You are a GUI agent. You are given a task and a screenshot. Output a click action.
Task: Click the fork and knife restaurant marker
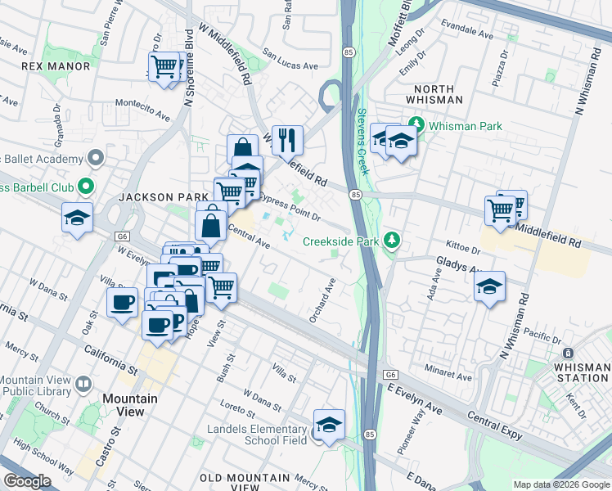click(287, 141)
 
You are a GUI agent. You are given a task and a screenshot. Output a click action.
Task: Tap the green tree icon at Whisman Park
click(417, 126)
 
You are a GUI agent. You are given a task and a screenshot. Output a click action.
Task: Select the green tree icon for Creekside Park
click(394, 241)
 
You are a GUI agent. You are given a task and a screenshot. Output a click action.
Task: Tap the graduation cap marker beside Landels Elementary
click(329, 425)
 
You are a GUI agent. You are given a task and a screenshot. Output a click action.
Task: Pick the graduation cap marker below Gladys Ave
click(489, 286)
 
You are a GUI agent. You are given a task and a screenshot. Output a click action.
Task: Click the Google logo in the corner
click(28, 482)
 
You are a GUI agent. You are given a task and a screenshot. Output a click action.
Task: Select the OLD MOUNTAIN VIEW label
click(245, 477)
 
